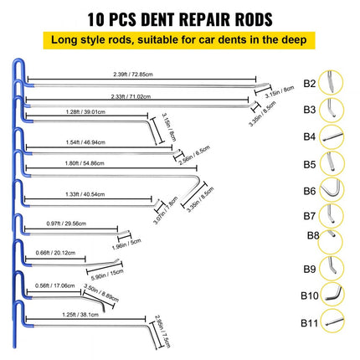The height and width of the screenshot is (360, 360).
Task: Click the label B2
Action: pyautogui.click(x=309, y=84)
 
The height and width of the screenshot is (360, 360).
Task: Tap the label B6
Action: pyautogui.click(x=309, y=191)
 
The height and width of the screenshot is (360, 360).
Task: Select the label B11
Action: pyautogui.click(x=310, y=322)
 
